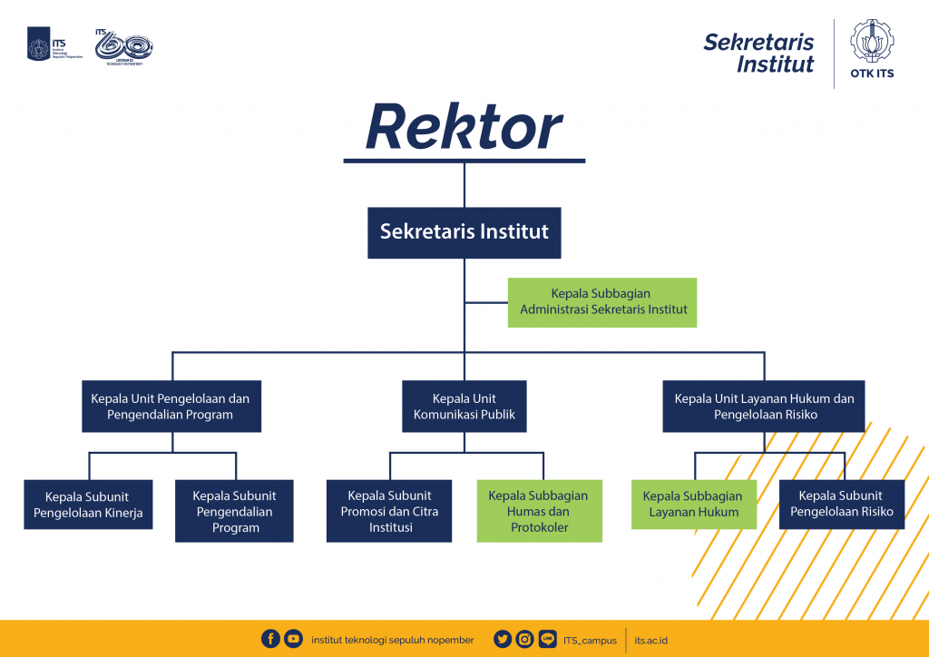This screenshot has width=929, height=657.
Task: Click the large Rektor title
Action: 464,128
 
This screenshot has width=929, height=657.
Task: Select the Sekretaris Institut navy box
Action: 464,232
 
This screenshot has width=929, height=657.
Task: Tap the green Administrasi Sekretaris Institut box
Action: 602,302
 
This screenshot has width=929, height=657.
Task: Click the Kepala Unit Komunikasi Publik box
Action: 464,407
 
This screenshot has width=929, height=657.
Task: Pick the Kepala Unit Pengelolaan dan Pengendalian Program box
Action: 171,407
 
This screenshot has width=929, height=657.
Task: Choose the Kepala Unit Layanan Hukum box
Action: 764,407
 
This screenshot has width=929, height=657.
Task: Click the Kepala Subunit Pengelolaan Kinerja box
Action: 88,510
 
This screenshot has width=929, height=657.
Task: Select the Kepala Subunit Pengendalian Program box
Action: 234,511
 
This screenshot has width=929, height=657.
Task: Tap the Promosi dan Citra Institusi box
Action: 389,511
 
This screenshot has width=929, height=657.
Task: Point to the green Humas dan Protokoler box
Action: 539,511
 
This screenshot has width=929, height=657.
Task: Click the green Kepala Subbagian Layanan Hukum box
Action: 694,505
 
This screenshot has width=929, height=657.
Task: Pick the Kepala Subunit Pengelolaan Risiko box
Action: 841,505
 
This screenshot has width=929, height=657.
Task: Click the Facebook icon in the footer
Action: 270,639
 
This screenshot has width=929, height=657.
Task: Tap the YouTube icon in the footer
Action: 293,639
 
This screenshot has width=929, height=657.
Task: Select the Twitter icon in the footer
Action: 503,639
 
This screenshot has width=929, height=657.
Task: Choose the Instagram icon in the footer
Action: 524,639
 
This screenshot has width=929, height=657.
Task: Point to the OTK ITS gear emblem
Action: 872,42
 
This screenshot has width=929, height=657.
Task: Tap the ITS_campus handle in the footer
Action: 590,640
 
